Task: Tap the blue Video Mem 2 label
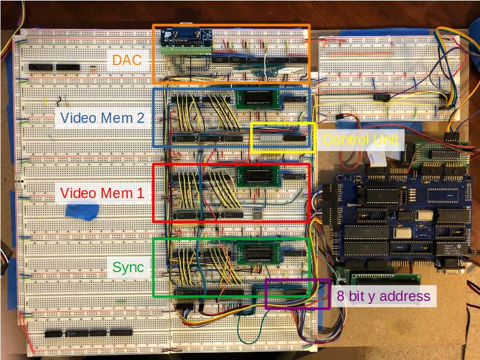101,119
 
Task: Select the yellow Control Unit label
360,140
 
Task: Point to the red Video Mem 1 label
101,194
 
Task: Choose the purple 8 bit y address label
384,296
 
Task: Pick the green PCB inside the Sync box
258,253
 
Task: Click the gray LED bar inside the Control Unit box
268,138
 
